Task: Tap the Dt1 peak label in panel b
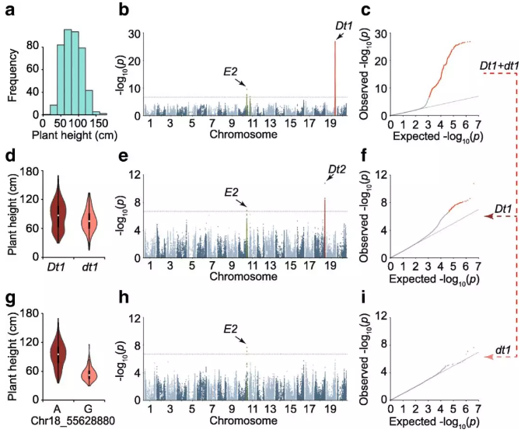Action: click(x=344, y=26)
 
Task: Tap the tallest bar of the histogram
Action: click(x=68, y=72)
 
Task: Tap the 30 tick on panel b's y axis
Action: click(x=135, y=34)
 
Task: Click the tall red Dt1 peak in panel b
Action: click(x=335, y=78)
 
